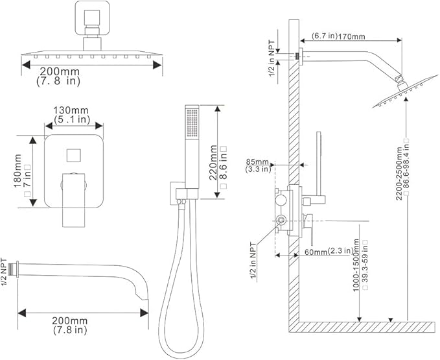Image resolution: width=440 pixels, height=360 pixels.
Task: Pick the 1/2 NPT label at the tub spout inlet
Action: click(6, 272)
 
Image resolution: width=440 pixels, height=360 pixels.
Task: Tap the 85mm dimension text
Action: click(257, 161)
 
